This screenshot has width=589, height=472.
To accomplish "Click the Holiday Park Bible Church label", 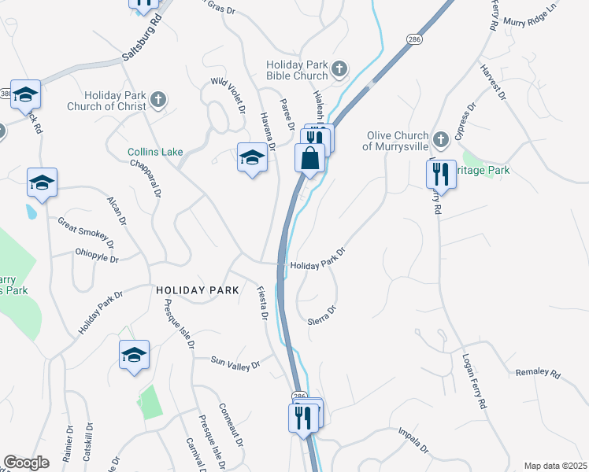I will click(296, 70).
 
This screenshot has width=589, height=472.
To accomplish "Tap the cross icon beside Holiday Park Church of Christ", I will click(158, 99).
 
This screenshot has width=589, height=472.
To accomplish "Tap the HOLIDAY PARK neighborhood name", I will click(197, 290).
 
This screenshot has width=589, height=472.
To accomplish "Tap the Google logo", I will click(27, 463).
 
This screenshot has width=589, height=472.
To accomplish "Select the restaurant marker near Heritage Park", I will click(442, 174).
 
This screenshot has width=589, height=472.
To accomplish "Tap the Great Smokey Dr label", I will click(85, 233).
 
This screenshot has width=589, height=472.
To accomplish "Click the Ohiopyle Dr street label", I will click(96, 257).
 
